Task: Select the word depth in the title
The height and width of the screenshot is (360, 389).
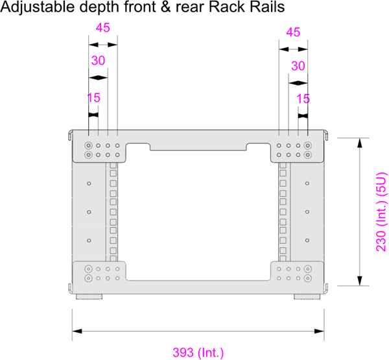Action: coord(91,9)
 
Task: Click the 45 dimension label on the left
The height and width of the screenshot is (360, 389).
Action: coord(102,28)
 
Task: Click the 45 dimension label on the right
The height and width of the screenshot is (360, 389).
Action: coord(293,32)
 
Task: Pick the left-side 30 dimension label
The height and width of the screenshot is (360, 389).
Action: coord(98,60)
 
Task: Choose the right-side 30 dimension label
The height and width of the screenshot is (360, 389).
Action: coord(298,66)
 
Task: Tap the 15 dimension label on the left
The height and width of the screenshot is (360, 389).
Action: coord(93,98)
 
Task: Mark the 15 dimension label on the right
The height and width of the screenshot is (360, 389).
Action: coord(303,99)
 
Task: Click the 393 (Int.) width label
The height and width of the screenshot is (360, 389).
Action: coord(198,353)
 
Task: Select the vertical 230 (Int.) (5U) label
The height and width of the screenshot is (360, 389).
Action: coord(382,211)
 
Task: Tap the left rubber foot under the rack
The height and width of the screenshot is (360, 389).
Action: coord(88,297)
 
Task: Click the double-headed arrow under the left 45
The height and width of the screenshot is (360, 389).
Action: coord(102,45)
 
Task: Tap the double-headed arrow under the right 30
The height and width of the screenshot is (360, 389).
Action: coord(298,82)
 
